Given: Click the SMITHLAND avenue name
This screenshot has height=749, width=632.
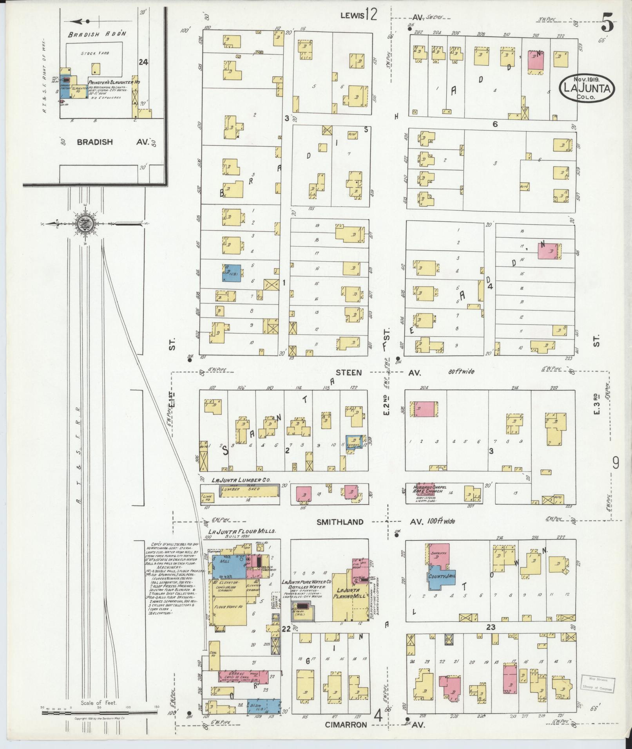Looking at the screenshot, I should click(x=340, y=522).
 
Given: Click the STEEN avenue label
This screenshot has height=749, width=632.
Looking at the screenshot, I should click(x=349, y=372).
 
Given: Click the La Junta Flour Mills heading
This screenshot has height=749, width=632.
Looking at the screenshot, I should click(x=243, y=532).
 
